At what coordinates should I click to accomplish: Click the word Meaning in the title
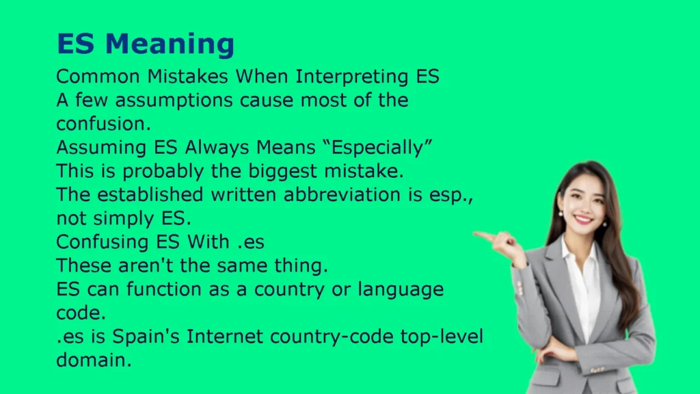[170, 44]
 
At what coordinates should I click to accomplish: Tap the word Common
[98, 77]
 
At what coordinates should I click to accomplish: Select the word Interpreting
[352, 77]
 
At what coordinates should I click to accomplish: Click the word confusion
[104, 124]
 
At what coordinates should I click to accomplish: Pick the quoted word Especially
[377, 148]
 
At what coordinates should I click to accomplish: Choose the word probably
[163, 172]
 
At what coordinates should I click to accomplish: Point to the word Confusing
[100, 243]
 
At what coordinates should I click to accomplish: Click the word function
[164, 289]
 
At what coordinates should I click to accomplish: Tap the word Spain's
[146, 337]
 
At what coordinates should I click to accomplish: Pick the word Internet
[224, 337]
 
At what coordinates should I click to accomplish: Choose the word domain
[94, 360]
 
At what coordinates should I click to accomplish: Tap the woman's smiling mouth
[584, 220]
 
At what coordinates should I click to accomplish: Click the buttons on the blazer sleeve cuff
[520, 288]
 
